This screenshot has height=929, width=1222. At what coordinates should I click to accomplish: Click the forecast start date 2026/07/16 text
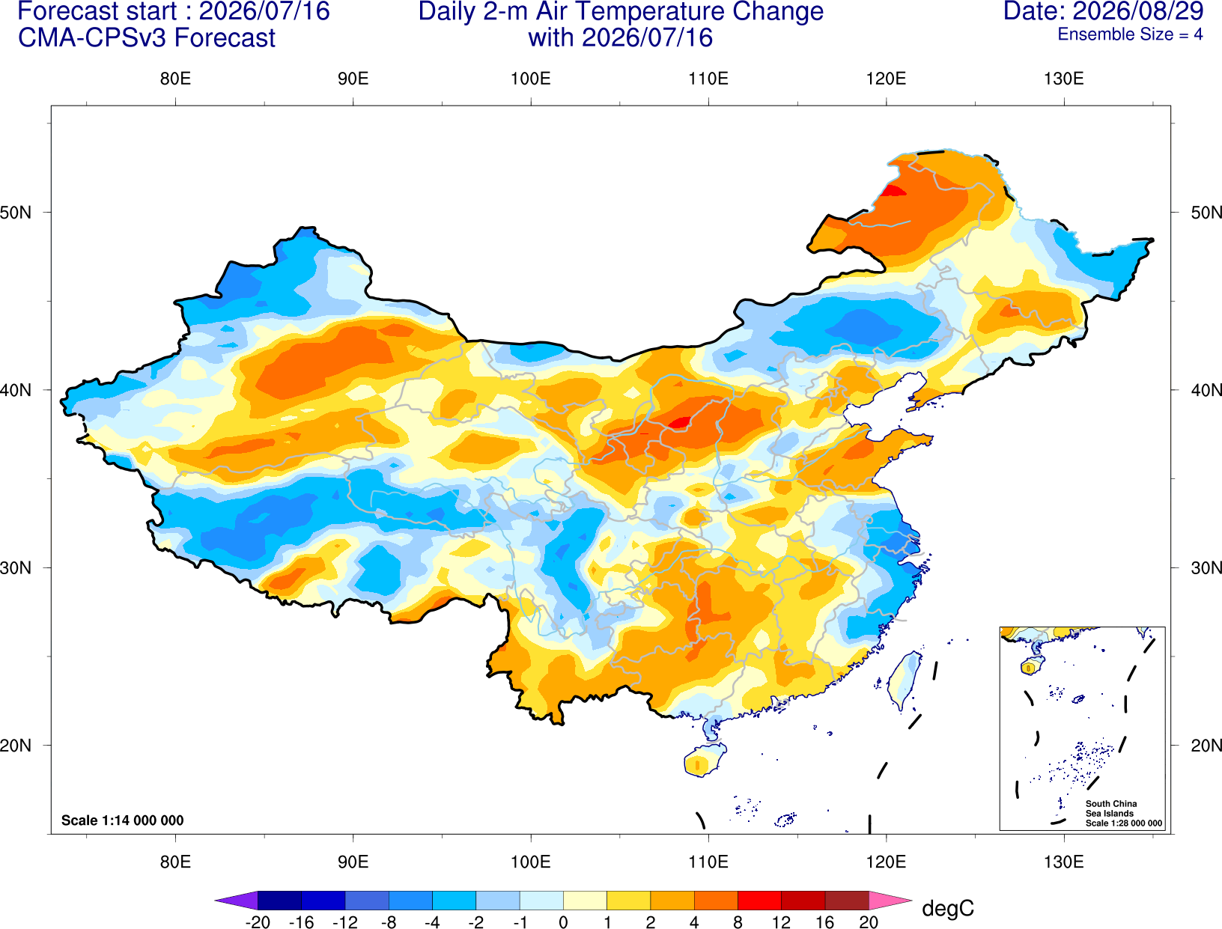click(264, 11)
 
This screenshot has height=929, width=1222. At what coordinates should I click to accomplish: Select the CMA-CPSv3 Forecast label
click(147, 38)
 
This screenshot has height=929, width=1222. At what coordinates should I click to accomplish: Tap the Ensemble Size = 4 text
click(1130, 34)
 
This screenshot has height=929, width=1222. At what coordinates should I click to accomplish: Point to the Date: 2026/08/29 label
click(1104, 11)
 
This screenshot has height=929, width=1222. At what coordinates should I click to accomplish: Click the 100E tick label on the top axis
click(531, 79)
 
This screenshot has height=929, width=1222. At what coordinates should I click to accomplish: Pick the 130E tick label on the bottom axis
click(1063, 862)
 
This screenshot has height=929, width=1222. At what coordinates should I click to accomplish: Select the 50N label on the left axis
click(16, 213)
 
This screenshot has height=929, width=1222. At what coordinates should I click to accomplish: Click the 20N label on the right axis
click(1206, 746)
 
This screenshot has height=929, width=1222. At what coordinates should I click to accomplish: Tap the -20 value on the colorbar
click(258, 922)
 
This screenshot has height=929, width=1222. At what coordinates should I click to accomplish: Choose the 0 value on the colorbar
click(563, 922)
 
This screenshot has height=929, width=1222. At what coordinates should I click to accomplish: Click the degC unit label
click(947, 909)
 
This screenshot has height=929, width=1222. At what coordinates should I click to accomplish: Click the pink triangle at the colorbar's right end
click(889, 900)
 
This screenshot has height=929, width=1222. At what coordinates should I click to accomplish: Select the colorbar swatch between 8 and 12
click(759, 900)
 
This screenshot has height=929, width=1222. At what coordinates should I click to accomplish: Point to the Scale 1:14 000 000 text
click(123, 820)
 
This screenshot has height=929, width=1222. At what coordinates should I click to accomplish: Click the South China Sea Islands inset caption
click(1123, 813)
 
